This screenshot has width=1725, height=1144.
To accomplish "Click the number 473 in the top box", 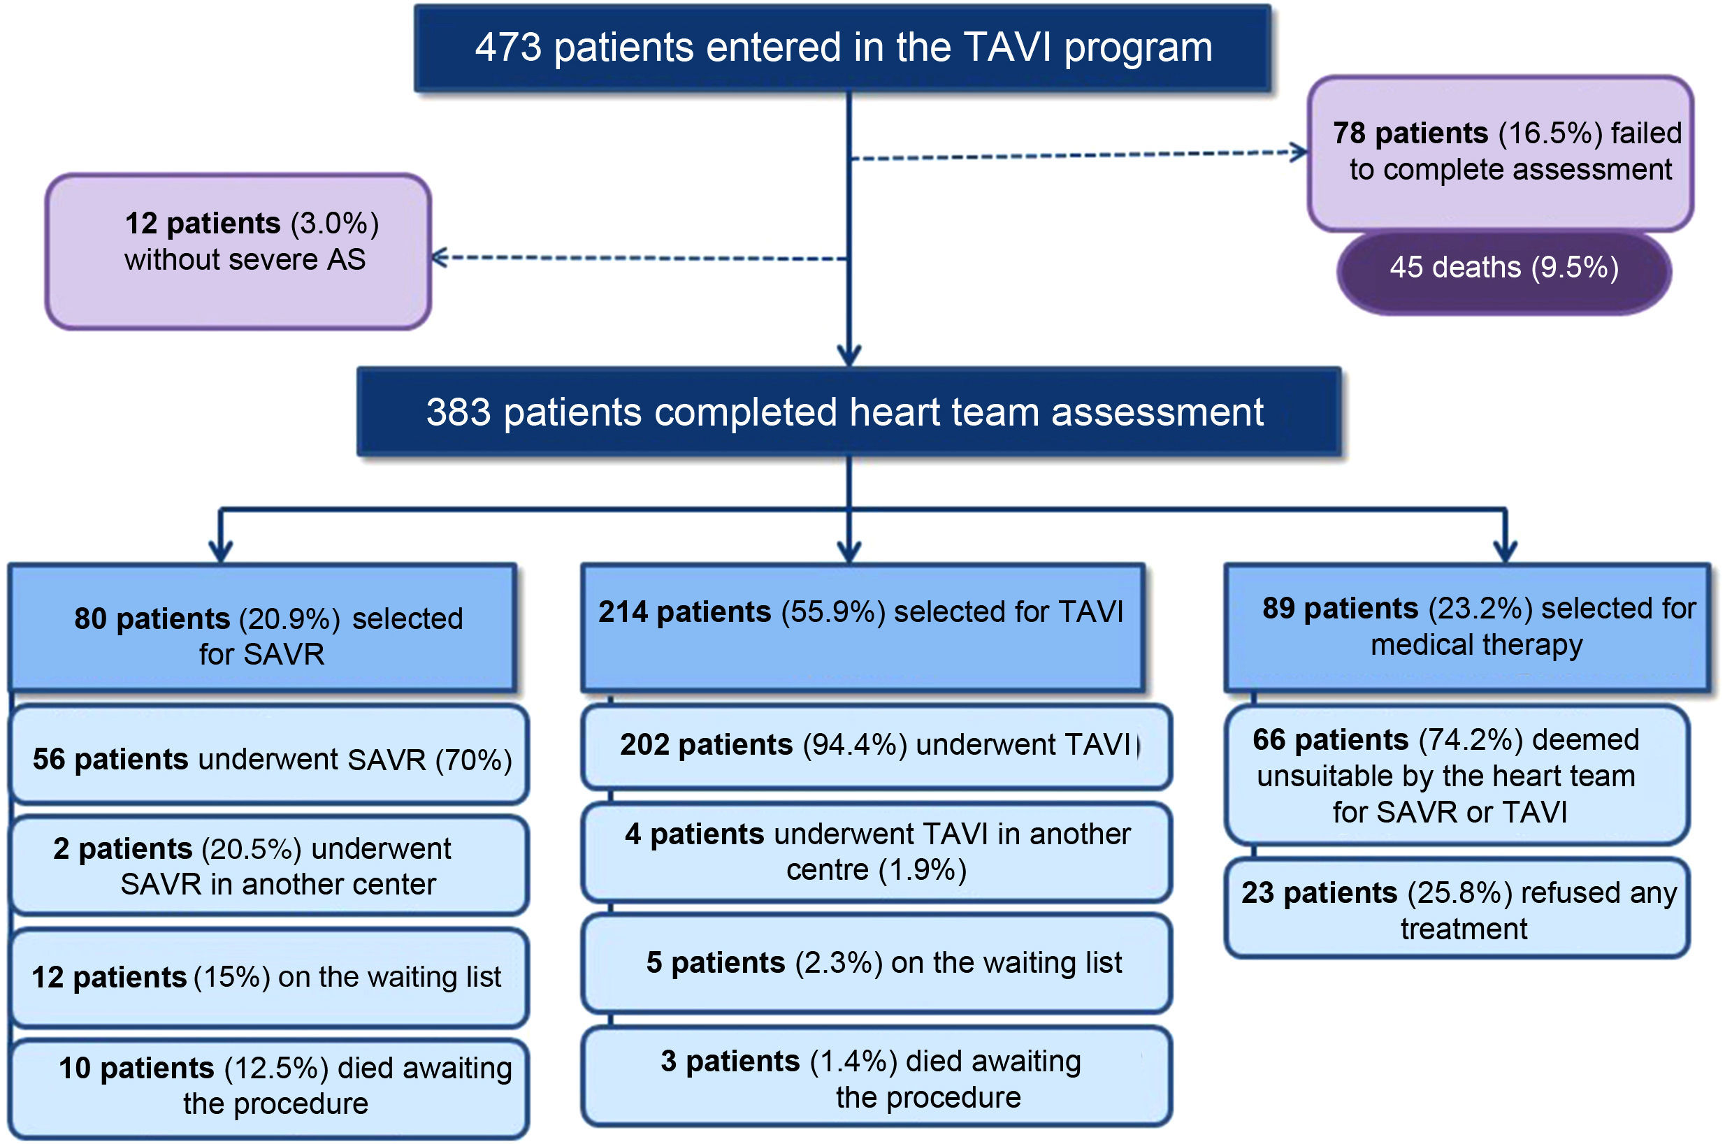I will click(x=508, y=48).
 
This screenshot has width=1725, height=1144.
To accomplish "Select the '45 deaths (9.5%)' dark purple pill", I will click(x=1504, y=268).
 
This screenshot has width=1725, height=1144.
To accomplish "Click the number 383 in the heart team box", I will click(x=459, y=412).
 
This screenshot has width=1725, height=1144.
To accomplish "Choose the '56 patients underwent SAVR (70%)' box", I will click(x=270, y=759).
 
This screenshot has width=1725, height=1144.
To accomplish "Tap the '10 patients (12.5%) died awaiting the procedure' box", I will click(x=270, y=1087).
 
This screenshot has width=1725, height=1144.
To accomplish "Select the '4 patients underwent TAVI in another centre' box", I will click(x=876, y=851).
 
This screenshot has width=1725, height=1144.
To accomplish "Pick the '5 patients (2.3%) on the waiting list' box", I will click(x=876, y=963).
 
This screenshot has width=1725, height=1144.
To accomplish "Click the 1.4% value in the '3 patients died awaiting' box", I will click(x=853, y=1062).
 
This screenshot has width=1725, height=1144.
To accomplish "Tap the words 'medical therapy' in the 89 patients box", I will click(x=1476, y=646).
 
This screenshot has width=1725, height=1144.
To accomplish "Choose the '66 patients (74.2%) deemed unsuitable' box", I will click(x=1457, y=776).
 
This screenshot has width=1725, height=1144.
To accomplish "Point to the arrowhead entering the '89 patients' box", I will click(x=1506, y=551).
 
